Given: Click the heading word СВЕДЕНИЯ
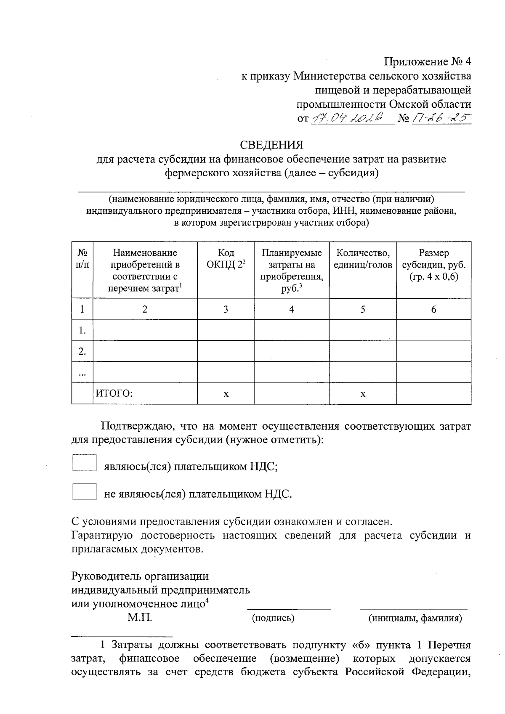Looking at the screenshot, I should pos(271,145).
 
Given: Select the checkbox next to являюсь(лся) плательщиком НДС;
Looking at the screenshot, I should pos(84,463).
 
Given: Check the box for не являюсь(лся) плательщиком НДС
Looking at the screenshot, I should pos(84,491).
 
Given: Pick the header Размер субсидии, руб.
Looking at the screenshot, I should pos(433,265).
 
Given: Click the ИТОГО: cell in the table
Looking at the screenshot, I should pos(114,394).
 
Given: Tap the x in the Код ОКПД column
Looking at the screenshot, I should pos(226,394).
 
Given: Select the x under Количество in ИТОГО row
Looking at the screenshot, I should pos(363,394).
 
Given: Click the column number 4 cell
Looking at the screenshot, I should pos(291,309).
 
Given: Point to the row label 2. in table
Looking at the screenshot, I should pos(82,351).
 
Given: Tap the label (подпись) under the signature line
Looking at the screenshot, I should pos(273,618).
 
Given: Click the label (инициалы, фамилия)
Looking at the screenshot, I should pos(415,618).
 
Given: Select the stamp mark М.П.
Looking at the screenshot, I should pos(140,618).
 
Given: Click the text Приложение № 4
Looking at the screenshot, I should pos(428,62).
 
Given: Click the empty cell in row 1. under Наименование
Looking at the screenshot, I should pos(145,330).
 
